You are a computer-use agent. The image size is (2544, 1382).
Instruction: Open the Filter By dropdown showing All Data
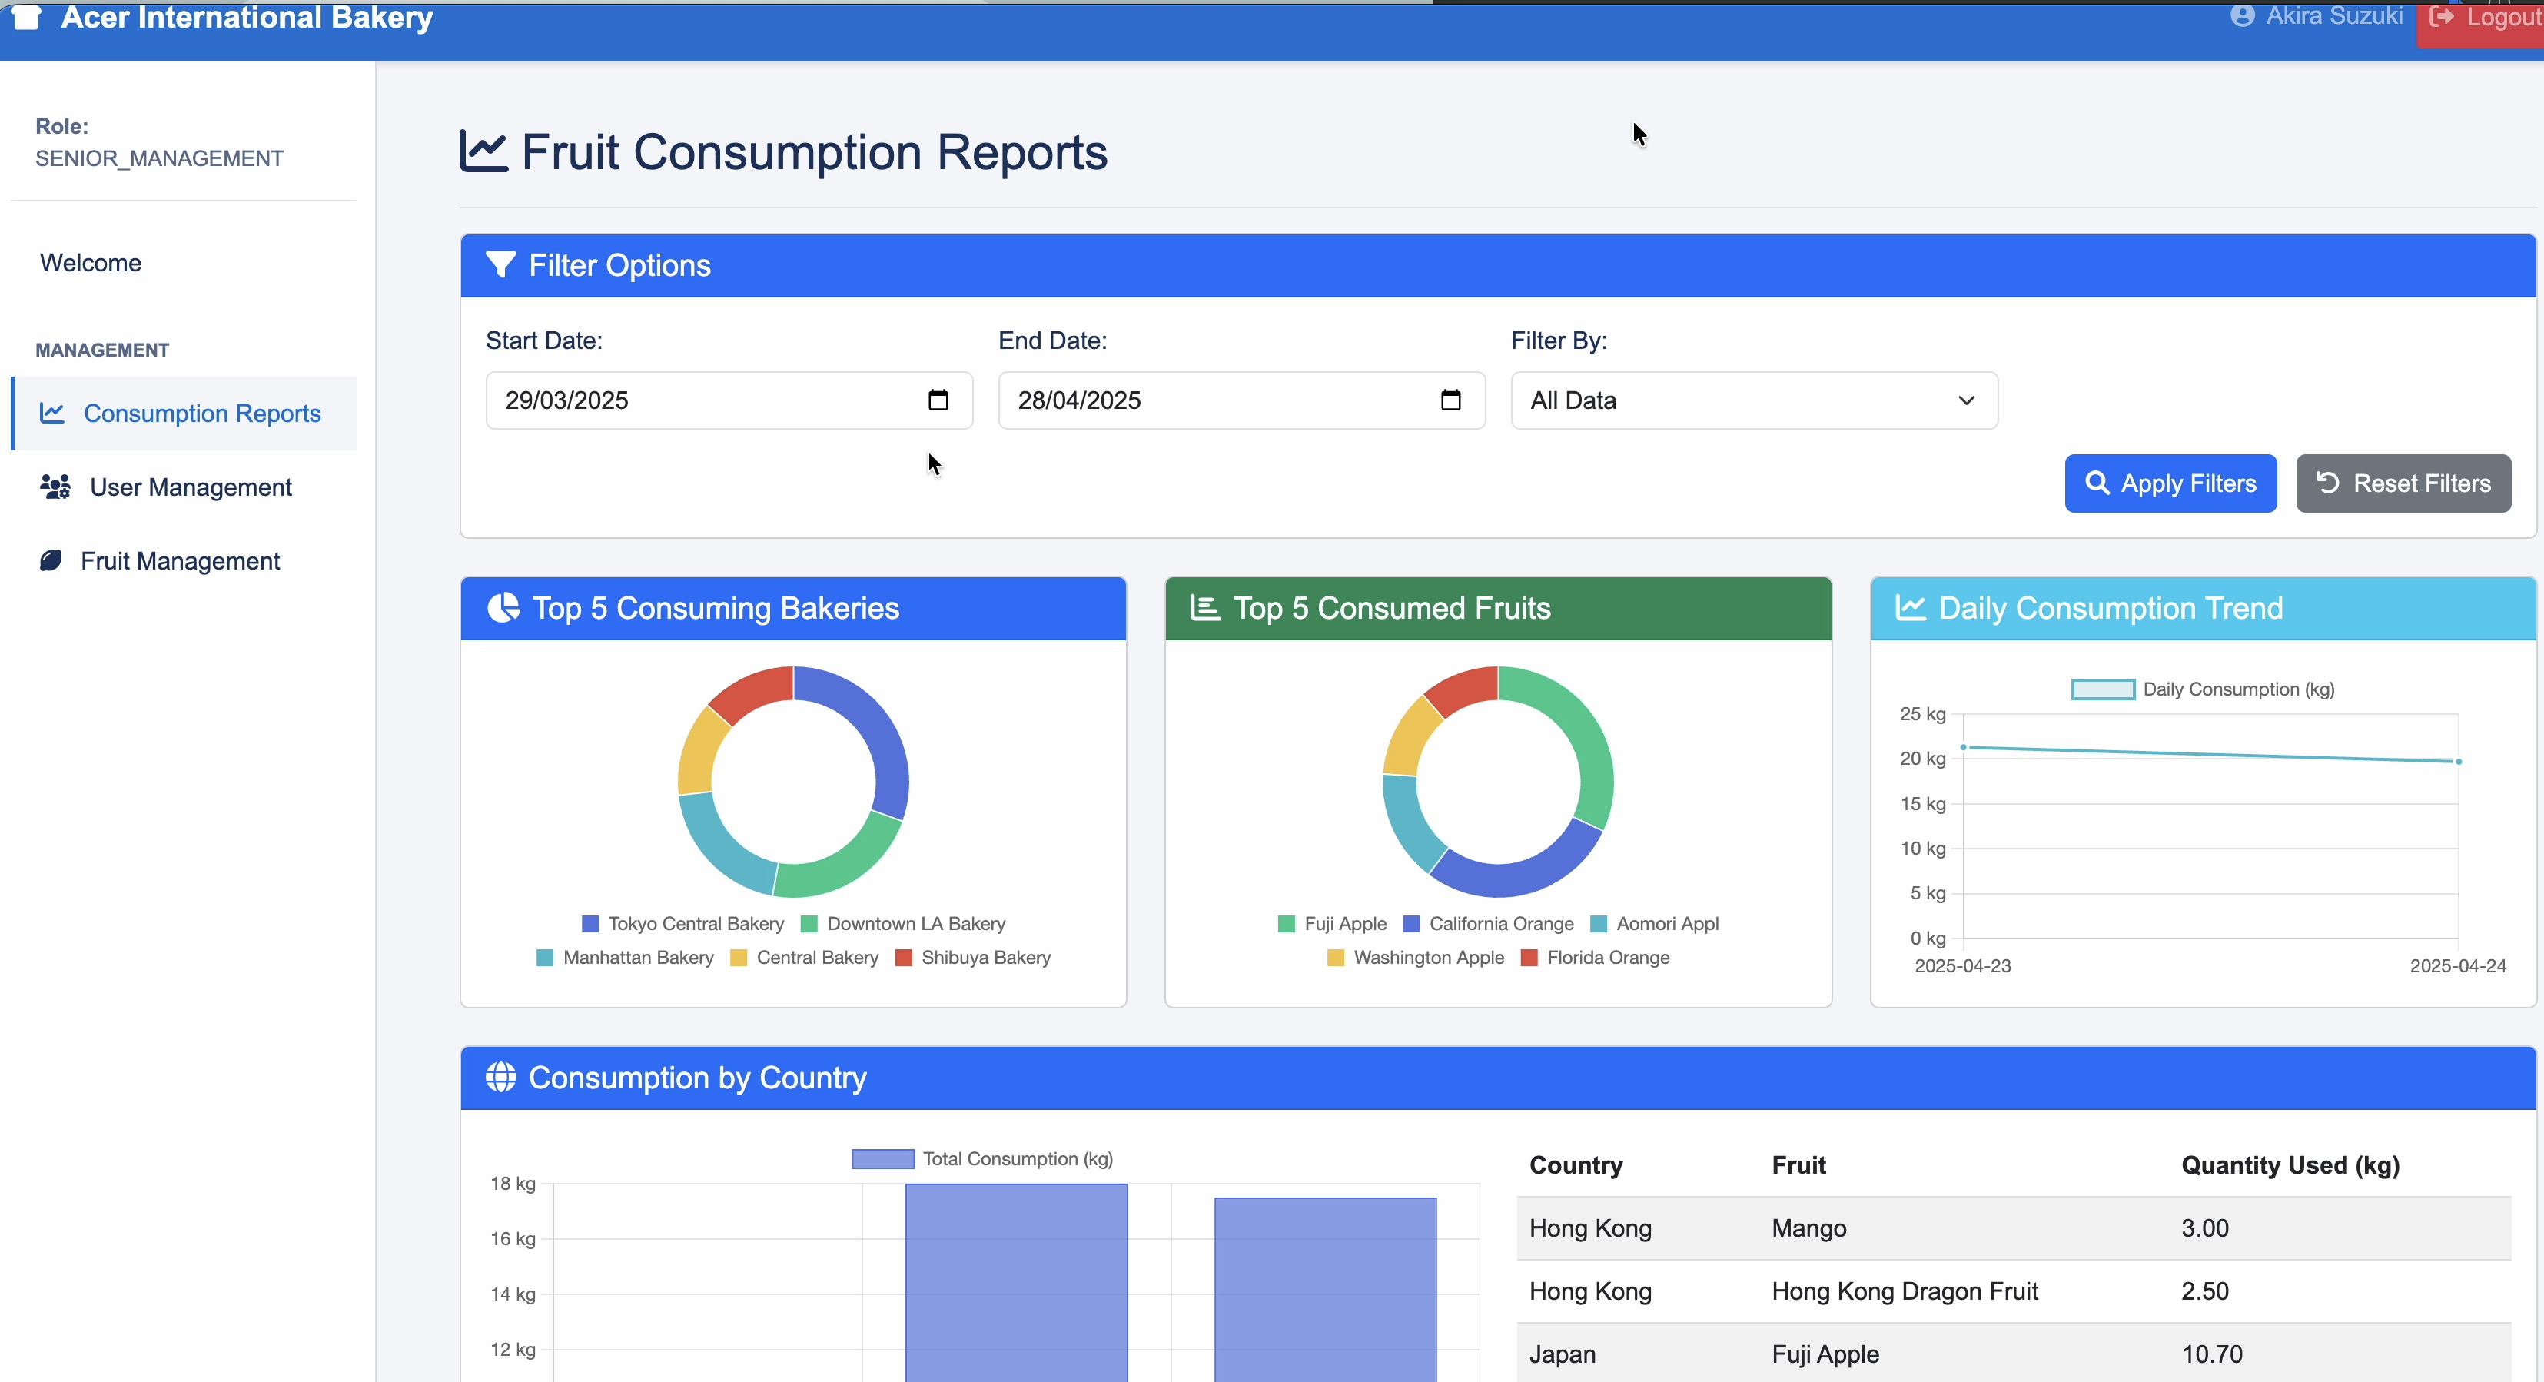[x=1753, y=400]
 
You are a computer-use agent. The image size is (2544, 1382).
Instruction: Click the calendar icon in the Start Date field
[x=937, y=400]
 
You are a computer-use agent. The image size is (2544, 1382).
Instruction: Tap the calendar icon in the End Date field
[x=1450, y=400]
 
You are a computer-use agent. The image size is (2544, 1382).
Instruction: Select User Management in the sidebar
[x=190, y=487]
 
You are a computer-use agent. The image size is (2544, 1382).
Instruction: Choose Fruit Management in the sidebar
[x=180, y=561]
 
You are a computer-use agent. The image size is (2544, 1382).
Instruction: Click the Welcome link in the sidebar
[x=91, y=263]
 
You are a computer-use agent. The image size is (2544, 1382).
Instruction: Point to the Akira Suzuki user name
[x=2333, y=16]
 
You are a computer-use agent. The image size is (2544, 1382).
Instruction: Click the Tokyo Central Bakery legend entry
[x=694, y=924]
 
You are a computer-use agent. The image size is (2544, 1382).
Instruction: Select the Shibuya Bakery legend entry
[x=985, y=957]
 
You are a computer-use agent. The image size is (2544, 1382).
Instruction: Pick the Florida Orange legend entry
[x=1607, y=957]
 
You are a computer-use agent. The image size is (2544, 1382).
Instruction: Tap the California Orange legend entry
[x=1500, y=924]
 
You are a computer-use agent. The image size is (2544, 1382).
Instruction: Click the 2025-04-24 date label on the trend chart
[x=2456, y=965]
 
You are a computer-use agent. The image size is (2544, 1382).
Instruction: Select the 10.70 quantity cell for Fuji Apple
[x=2211, y=1354]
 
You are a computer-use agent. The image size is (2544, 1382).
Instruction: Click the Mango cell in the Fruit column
[x=1808, y=1228]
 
